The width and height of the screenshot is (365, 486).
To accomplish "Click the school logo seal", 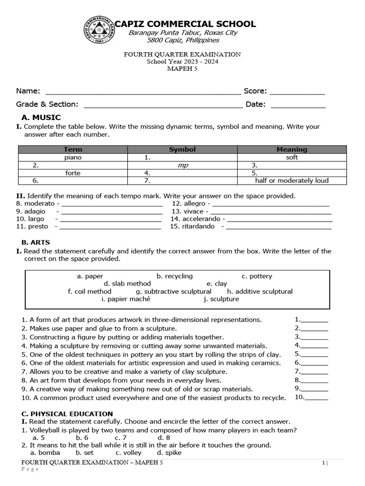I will (100, 31).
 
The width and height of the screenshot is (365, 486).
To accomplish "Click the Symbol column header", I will (182, 150).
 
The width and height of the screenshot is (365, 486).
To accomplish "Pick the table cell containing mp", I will (182, 165).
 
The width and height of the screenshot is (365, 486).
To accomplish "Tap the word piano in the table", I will (73, 157).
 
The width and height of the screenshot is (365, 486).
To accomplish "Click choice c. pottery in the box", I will (257, 276).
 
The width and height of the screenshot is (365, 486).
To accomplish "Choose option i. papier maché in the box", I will (126, 299).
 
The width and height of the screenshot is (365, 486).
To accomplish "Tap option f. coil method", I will (90, 291).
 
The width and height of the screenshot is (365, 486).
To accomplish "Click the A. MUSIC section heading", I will (41, 117).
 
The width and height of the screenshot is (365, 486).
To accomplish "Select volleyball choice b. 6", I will (82, 438).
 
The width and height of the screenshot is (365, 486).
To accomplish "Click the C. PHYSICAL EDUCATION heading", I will (67, 414).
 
